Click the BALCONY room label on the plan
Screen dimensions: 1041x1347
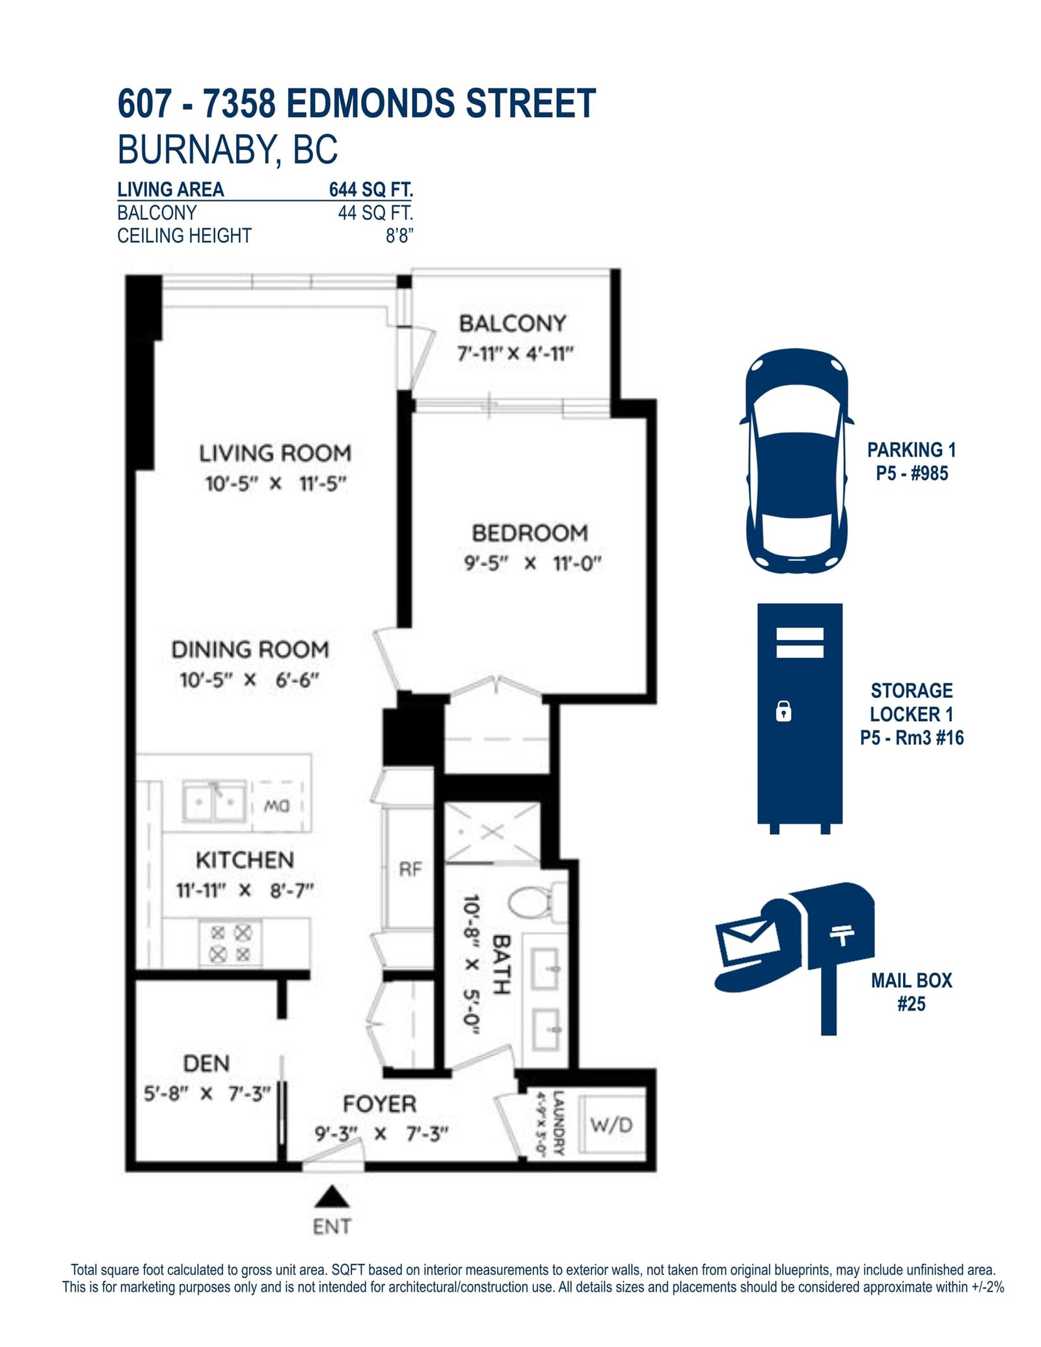tap(512, 323)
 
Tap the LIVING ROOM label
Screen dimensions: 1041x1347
tap(275, 453)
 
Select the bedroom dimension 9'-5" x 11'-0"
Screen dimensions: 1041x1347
tap(532, 563)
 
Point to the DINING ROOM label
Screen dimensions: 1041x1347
tap(250, 649)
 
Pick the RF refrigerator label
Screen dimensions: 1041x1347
tap(410, 869)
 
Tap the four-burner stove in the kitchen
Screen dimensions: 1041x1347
tap(230, 943)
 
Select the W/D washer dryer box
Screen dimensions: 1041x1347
tap(612, 1125)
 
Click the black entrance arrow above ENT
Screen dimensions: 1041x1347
tap(332, 1196)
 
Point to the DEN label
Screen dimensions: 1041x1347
tap(206, 1063)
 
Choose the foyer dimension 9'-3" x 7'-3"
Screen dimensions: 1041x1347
tap(381, 1134)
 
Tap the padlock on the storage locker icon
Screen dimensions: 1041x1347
tap(783, 711)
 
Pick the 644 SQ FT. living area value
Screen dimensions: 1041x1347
tap(371, 189)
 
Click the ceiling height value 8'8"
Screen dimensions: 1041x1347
tap(399, 235)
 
